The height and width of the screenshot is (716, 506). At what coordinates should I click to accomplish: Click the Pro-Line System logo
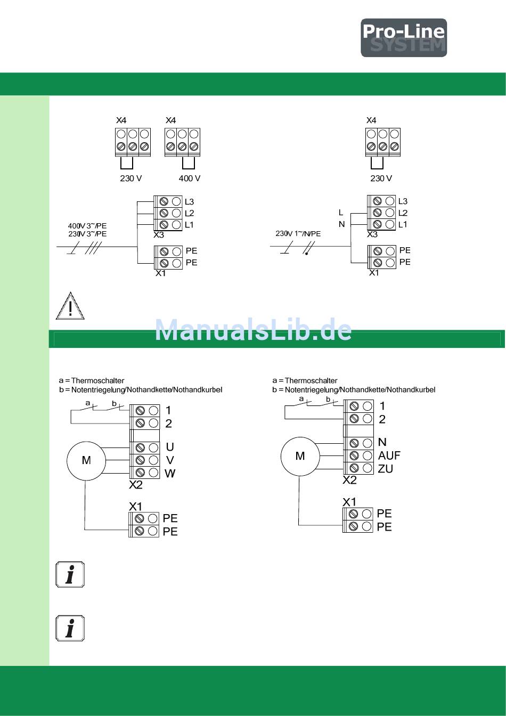tap(404, 38)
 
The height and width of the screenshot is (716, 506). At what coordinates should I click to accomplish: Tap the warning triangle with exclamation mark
tap(70, 306)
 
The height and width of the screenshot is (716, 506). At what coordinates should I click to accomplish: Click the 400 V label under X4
tap(190, 178)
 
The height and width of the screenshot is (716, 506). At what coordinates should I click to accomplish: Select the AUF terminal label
tap(389, 455)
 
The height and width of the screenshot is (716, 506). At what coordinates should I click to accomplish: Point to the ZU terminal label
tap(386, 469)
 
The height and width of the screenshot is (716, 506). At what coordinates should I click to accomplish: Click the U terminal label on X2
tap(170, 447)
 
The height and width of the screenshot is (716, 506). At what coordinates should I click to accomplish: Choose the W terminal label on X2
tap(170, 474)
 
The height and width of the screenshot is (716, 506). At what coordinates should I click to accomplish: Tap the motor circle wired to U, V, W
tap(86, 461)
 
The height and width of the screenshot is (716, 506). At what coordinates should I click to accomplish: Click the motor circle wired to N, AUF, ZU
tap(300, 457)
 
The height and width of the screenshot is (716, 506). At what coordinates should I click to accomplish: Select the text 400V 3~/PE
tap(87, 226)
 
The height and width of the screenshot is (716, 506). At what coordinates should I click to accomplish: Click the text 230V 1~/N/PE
tap(298, 234)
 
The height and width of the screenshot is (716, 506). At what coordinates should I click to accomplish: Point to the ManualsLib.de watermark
tap(253, 330)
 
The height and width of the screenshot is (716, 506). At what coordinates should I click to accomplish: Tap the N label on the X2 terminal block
tap(382, 442)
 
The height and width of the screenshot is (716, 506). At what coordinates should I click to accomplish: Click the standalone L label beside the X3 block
tap(341, 213)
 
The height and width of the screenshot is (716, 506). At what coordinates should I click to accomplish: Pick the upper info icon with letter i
tap(70, 574)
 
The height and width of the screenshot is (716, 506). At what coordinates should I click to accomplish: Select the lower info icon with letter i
tap(70, 628)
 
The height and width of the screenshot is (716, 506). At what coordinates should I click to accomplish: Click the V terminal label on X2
tap(170, 460)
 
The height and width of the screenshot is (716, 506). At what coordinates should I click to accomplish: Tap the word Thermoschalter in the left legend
tap(98, 381)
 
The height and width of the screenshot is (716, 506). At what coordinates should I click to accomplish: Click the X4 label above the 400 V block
tap(170, 120)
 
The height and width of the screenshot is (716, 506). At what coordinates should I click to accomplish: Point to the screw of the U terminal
tap(140, 447)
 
